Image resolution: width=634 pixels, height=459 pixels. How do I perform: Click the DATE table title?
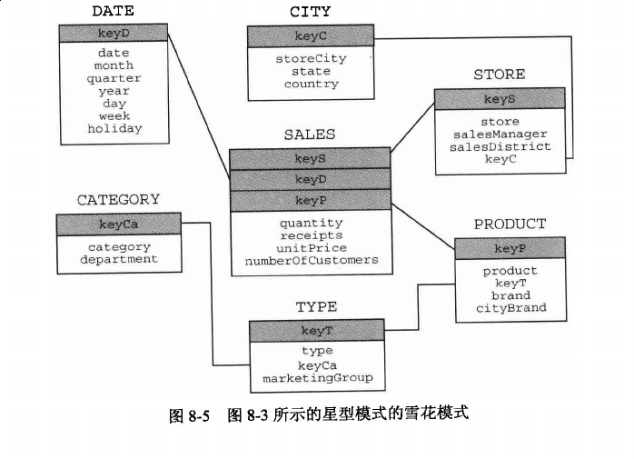(113, 11)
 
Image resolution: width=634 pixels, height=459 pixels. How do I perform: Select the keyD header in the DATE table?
(114, 34)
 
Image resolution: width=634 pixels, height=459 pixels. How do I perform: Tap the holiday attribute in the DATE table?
(114, 129)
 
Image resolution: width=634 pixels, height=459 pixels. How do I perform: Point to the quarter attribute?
(114, 78)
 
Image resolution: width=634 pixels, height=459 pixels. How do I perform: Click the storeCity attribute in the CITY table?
(311, 59)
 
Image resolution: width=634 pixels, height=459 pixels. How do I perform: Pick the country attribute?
(312, 85)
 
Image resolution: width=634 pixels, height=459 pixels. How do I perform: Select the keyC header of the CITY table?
(311, 36)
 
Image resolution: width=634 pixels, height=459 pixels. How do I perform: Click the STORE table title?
(500, 75)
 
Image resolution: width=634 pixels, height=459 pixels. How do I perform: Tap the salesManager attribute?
(500, 134)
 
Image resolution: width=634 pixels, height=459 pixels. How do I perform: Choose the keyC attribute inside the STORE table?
(500, 159)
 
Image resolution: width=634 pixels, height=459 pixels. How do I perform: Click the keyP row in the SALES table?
(311, 200)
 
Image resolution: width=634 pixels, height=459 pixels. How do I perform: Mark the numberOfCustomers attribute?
(312, 260)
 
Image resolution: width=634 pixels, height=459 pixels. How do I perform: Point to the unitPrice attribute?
(312, 248)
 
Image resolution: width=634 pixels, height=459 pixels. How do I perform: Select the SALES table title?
(310, 135)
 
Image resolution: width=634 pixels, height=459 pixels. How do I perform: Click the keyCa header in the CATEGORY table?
(118, 225)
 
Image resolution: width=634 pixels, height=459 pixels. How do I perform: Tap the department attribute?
(119, 259)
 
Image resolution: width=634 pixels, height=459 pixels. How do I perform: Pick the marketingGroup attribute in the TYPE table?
(318, 378)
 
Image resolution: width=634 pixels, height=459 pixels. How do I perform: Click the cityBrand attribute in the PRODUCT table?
(511, 308)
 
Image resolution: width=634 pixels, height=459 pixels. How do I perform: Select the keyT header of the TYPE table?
(317, 331)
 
